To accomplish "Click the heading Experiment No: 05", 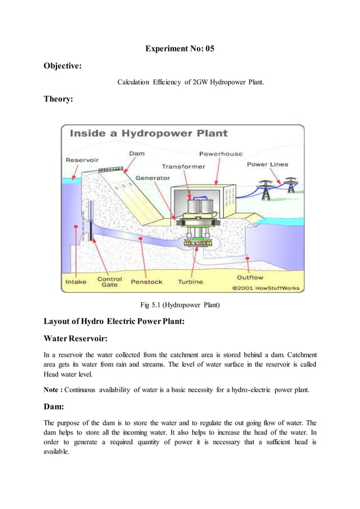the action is tap(179, 49).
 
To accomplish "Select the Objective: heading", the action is tap(63, 66).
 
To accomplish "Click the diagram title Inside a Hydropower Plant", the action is tap(148, 134).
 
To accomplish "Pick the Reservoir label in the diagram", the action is tap(82, 160).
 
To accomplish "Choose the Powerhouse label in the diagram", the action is tap(221, 153).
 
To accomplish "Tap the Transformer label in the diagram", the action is tap(183, 166).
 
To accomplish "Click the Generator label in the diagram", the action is tap(152, 178).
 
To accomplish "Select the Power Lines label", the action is tap(267, 165).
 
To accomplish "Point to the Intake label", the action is tap(76, 282).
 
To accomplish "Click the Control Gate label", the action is tap(109, 282).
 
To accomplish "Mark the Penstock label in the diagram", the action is tap(147, 282).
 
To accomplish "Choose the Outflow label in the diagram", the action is tap(250, 278).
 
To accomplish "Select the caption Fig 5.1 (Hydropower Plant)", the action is tap(179, 306).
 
